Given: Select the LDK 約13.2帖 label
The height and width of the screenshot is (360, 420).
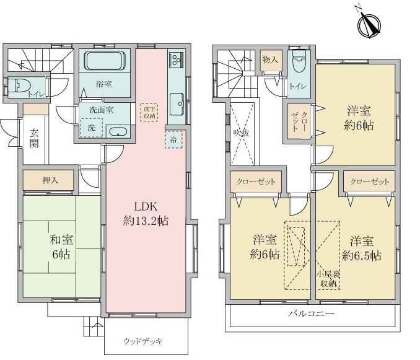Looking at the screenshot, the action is pyautogui.click(x=146, y=214).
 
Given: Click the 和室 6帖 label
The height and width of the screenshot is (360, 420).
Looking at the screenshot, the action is pyautogui.click(x=61, y=247).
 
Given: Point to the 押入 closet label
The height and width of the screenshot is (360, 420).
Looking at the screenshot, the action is pyautogui.click(x=50, y=180).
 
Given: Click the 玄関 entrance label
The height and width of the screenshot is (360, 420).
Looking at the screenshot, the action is pyautogui.click(x=34, y=138).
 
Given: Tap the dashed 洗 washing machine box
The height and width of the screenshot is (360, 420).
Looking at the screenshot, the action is pyautogui.click(x=92, y=128).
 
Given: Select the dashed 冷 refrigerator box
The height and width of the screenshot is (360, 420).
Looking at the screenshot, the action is pyautogui.click(x=173, y=139).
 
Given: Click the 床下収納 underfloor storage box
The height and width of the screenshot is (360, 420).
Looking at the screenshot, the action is pyautogui.click(x=149, y=113).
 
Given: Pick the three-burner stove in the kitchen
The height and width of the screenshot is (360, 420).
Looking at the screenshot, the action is pyautogui.click(x=176, y=60).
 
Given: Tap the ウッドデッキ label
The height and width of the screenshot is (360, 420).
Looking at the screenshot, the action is pyautogui.click(x=142, y=341).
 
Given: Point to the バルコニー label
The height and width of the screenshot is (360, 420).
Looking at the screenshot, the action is pyautogui.click(x=311, y=313).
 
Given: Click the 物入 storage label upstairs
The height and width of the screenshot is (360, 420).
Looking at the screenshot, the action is pyautogui.click(x=270, y=59).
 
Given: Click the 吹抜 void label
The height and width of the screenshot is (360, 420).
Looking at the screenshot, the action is pyautogui.click(x=241, y=133).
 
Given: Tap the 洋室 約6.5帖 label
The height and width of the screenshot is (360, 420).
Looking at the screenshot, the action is pyautogui.click(x=362, y=248).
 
